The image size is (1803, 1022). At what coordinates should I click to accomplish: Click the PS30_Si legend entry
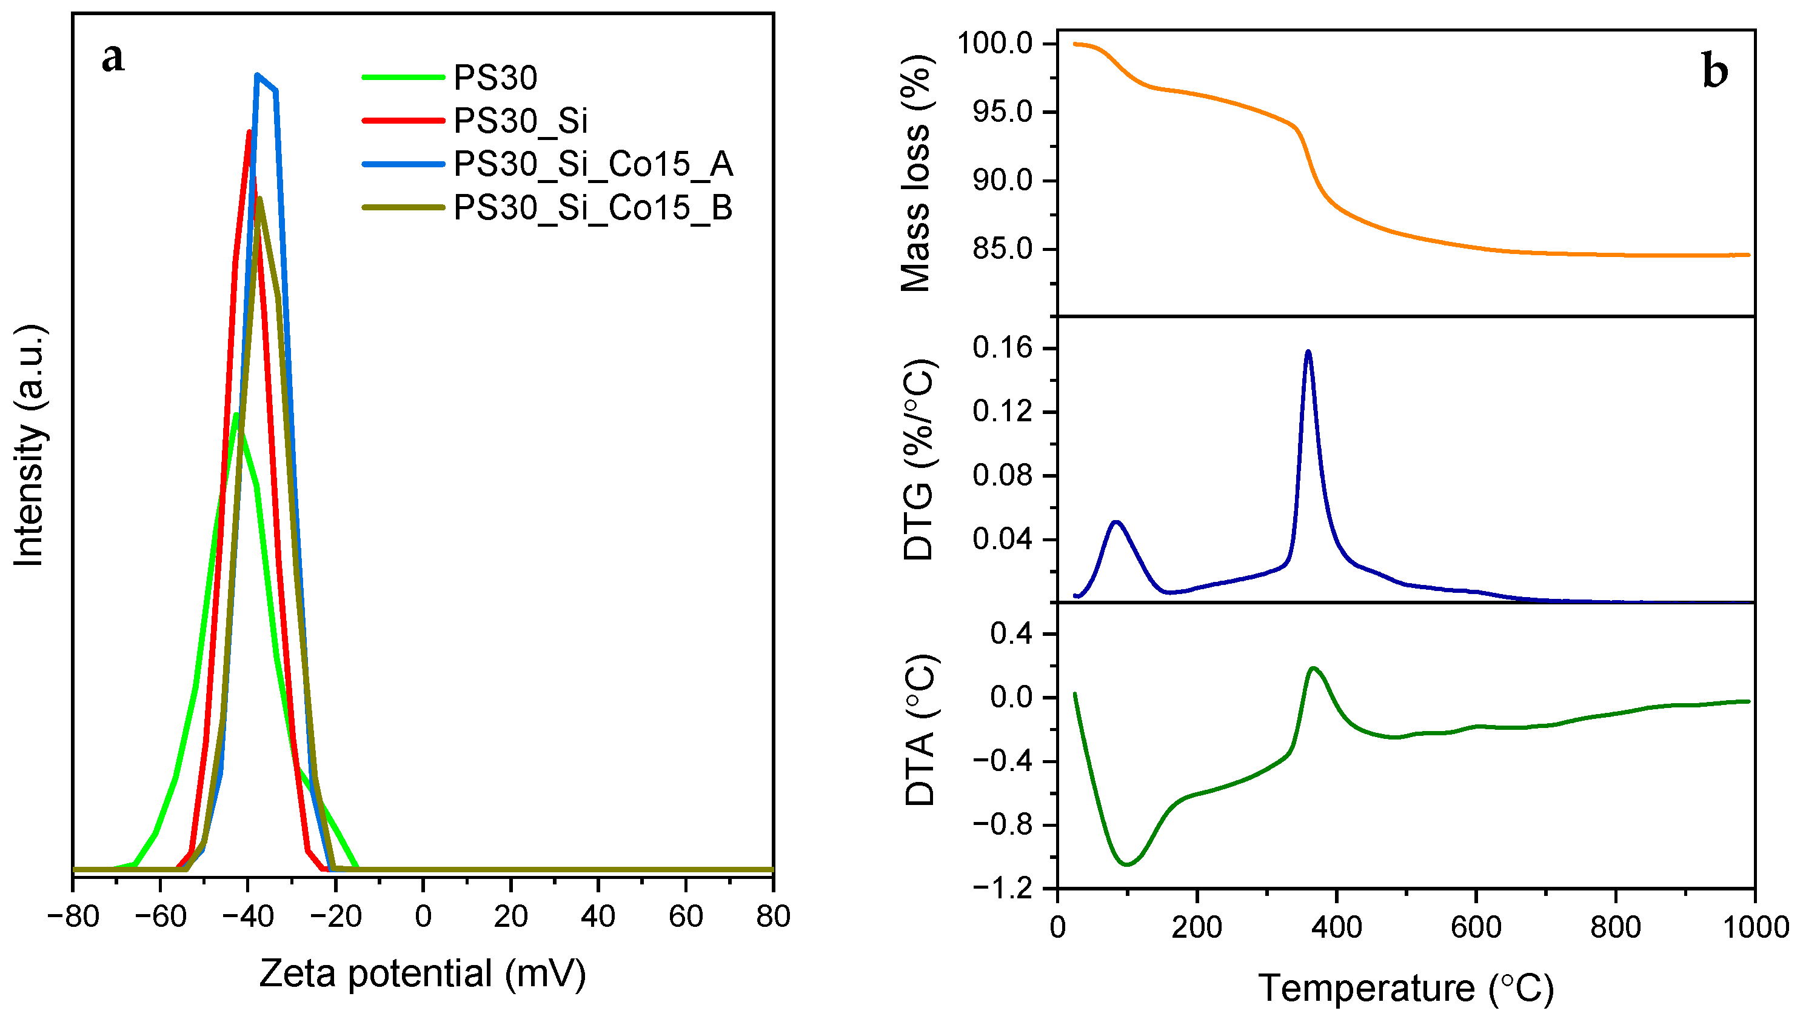click(520, 121)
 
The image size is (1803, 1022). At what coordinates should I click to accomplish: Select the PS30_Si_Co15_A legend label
click(593, 164)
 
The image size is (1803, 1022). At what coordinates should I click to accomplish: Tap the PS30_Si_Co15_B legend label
click(593, 208)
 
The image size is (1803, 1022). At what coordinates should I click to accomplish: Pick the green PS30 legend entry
click(495, 77)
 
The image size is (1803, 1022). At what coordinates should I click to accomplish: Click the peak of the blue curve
click(258, 75)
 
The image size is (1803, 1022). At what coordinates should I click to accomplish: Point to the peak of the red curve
click(249, 132)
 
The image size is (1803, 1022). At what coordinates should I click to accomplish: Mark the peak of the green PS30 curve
click(236, 415)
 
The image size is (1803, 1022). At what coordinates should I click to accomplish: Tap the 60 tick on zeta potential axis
click(685, 916)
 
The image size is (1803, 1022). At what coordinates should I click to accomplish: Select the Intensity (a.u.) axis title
click(30, 446)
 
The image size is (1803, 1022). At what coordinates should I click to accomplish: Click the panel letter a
click(113, 58)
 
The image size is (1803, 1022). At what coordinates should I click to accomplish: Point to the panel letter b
click(1714, 72)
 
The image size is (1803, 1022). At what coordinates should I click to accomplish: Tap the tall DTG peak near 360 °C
click(1308, 352)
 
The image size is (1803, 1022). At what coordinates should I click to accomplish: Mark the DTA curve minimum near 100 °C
click(1127, 864)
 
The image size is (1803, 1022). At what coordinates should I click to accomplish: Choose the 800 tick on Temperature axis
click(1616, 928)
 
